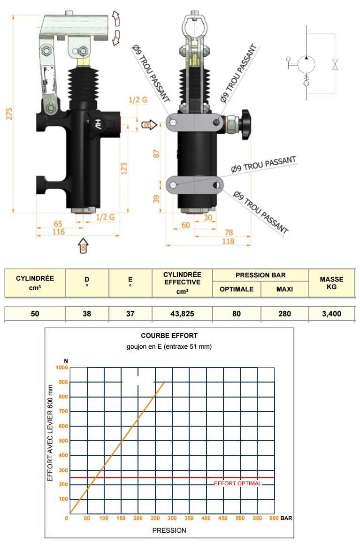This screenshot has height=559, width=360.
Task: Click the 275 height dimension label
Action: pyautogui.click(x=9, y=114)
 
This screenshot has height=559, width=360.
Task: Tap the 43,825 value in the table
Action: pyautogui.click(x=182, y=314)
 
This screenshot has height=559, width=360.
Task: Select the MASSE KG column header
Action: pyautogui.click(x=331, y=283)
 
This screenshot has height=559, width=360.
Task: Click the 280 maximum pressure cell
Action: pyautogui.click(x=284, y=314)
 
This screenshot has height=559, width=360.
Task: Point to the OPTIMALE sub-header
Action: pyautogui.click(x=237, y=289)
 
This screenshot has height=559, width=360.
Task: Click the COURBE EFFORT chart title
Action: pyautogui.click(x=169, y=336)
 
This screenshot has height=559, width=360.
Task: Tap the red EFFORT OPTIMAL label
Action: pyautogui.click(x=237, y=483)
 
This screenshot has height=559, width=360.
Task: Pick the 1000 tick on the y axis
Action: pyautogui.click(x=61, y=368)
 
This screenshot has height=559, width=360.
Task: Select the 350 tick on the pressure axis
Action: pyautogui.click(x=189, y=518)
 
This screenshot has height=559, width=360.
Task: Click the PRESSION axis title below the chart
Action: pyautogui.click(x=169, y=530)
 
